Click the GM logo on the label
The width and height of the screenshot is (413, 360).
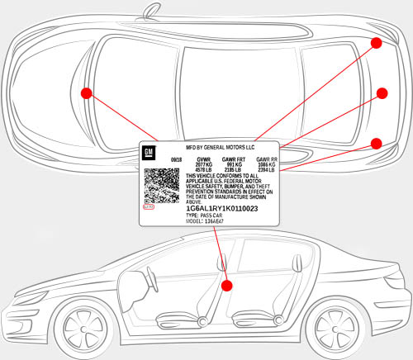pyautogui.click(x=150, y=154)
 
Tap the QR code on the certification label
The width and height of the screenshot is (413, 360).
pyautogui.click(x=162, y=186)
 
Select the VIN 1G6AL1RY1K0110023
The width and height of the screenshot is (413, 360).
pyautogui.click(x=222, y=208)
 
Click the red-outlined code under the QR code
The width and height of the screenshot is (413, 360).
pyautogui.click(x=149, y=206)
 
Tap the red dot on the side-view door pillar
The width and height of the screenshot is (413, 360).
pyautogui.click(x=228, y=285)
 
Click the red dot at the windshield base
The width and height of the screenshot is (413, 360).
pyautogui.click(x=86, y=92)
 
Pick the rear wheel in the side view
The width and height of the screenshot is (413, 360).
pyautogui.click(x=333, y=324)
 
